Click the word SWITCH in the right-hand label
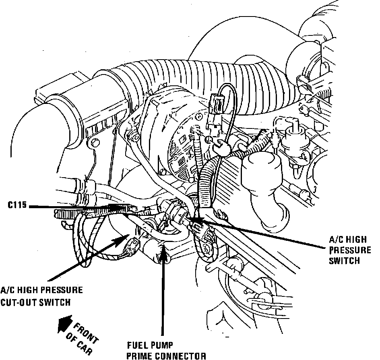pos(344,260)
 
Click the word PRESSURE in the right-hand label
pos(350,250)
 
